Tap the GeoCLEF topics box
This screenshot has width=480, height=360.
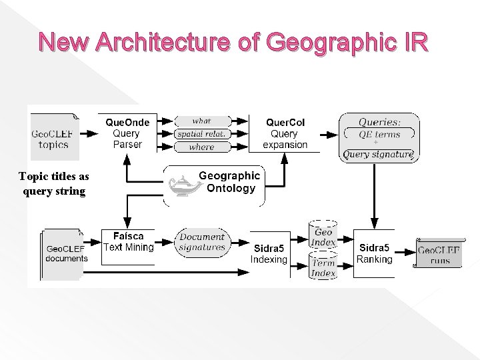pos(54,138)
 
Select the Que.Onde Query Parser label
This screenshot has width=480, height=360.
pos(127,133)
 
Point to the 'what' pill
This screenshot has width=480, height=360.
pos(202,121)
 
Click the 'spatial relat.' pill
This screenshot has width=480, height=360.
pos(202,134)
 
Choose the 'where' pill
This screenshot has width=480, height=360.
pos(202,147)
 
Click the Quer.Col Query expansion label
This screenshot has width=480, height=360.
pos(285,133)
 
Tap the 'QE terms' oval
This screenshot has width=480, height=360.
pos(379,134)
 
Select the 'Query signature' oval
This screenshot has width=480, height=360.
pos(378,155)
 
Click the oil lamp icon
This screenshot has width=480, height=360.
pos(179,187)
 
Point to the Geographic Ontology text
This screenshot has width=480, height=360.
pos(229,182)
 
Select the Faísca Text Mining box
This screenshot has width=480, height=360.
pos(128,242)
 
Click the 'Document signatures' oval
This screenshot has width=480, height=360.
pos(203,242)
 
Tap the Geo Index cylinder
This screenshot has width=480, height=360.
pos(323,237)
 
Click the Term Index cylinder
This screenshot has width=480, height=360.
pos(323,267)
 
